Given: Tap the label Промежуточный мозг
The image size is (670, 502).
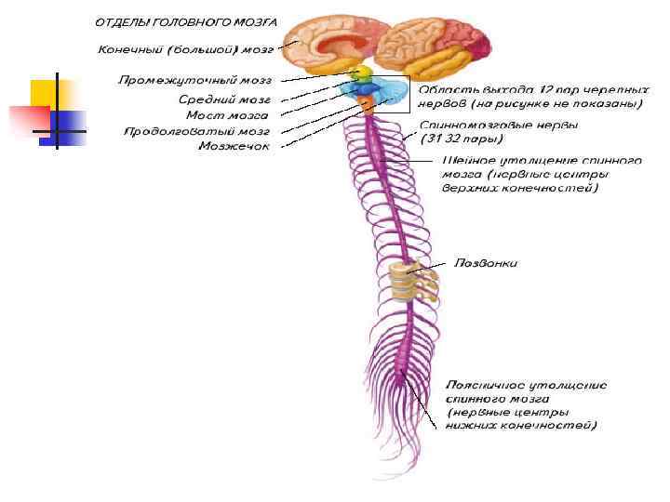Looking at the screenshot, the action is tap(194, 82).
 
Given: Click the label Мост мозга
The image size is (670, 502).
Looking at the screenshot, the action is tap(228, 114).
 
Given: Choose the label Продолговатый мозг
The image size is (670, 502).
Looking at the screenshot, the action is tap(197, 131).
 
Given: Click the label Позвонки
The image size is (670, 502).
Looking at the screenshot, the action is tap(485, 263).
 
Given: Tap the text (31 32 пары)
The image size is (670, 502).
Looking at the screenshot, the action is tap(461, 139).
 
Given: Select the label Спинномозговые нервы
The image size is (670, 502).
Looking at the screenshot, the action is tap(498, 124).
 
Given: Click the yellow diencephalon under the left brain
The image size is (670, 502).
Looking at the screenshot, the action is tap(360, 72).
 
